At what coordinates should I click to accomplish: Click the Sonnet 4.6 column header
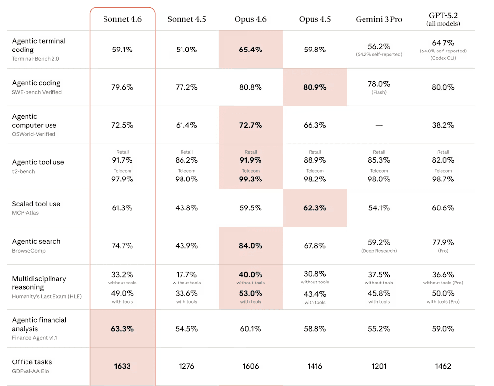tap(122, 19)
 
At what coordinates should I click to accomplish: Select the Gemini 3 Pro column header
tap(379, 19)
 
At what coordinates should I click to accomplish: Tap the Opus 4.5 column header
tap(315, 19)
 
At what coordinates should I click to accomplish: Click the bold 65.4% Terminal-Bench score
tap(251, 50)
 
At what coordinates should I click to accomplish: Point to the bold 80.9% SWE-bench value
tap(315, 87)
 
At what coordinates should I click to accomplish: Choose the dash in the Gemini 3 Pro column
tap(379, 125)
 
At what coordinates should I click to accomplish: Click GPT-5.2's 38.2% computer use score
tap(443, 125)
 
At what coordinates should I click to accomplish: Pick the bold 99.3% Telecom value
tap(251, 180)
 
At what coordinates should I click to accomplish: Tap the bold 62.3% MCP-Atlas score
tap(315, 208)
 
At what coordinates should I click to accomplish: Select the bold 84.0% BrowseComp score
tap(251, 245)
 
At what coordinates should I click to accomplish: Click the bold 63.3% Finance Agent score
tap(122, 329)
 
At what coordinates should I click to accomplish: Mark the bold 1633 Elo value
tap(122, 366)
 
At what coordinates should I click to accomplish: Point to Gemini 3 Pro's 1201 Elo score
tap(379, 366)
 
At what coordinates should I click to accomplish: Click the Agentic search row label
tap(36, 241)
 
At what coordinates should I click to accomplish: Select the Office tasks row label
tap(32, 362)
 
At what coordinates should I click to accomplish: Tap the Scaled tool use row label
tap(36, 204)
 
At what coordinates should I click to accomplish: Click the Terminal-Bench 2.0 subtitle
tap(36, 59)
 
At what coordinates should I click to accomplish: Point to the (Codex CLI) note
tap(443, 58)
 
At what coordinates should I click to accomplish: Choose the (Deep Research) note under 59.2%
tap(379, 251)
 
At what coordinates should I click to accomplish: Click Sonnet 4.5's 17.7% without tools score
tap(186, 275)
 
